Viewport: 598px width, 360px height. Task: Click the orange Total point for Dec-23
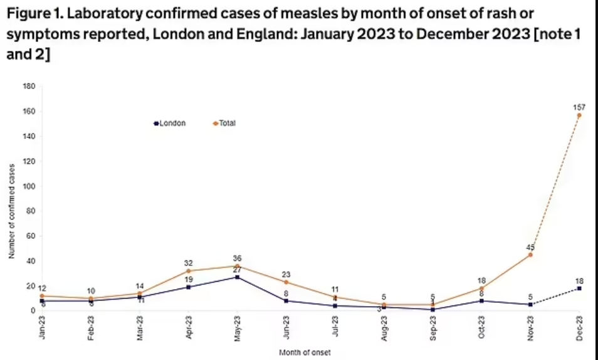point(579,115)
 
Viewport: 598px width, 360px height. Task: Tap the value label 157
point(579,107)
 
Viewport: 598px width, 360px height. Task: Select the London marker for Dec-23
point(579,289)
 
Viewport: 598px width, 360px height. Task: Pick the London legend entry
point(170,124)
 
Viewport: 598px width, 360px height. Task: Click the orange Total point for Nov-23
point(530,255)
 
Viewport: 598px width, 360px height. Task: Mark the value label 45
point(530,246)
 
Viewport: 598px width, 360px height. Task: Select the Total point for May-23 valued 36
point(237,266)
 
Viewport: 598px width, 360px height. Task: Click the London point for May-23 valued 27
point(237,277)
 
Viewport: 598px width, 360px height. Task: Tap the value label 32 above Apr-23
point(188,263)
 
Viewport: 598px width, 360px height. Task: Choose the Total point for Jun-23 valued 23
point(286,282)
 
